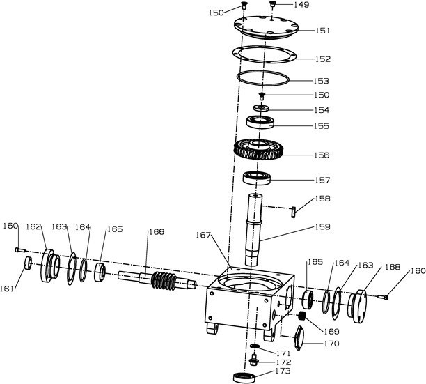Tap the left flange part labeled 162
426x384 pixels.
51,266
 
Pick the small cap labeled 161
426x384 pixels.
28,263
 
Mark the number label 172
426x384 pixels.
283,363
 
